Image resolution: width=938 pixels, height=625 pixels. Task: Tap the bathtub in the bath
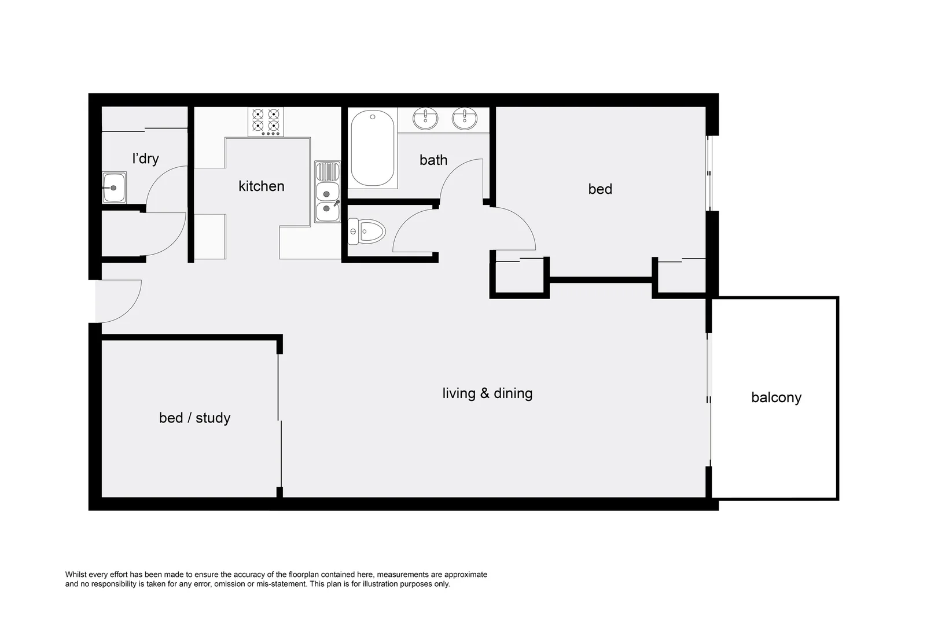(373, 148)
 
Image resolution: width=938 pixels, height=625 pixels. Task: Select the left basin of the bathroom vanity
(425, 119)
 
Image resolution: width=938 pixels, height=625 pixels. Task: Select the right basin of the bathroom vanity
(465, 119)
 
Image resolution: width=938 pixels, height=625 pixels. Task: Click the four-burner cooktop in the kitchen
(266, 122)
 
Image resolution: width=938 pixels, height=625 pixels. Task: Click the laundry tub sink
(114, 187)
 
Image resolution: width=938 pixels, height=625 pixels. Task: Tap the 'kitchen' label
(262, 186)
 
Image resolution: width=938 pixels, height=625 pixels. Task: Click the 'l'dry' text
(145, 159)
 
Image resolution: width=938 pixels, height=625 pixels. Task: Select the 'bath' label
(433, 160)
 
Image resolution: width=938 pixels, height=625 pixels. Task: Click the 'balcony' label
(776, 398)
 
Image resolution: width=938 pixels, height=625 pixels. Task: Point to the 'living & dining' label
(487, 394)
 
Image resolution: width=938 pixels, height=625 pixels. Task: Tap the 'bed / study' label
(194, 418)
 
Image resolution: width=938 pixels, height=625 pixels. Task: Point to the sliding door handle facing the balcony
(709, 399)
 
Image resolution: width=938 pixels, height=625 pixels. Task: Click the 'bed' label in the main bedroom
(600, 189)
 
